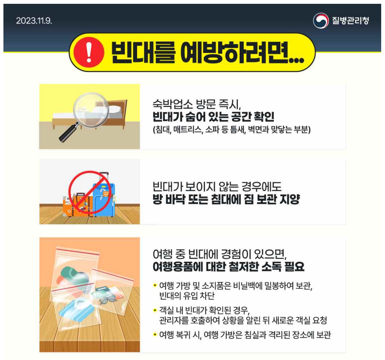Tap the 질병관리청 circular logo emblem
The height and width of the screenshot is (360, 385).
(321, 21)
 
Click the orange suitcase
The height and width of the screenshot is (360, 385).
(78, 206)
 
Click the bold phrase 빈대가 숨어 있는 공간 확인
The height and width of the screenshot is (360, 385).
(213, 116)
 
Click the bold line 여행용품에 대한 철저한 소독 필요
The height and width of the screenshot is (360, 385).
(228, 267)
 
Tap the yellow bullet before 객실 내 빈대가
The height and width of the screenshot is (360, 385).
(155, 309)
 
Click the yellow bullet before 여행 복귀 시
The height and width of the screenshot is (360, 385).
(155, 334)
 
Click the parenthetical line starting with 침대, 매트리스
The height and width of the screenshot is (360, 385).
(232, 130)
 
